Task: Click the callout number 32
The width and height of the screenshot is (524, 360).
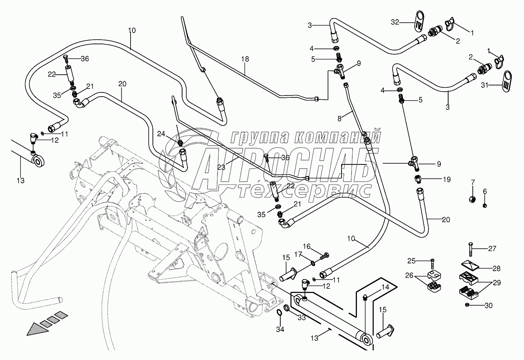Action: click(395, 22)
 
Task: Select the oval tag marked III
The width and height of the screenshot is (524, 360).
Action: click(506, 81)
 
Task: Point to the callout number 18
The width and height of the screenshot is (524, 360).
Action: click(245, 59)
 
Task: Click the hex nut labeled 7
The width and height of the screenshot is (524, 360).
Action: click(472, 199)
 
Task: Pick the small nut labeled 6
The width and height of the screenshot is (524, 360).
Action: click(485, 205)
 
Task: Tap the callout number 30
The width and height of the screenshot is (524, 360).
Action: click(489, 305)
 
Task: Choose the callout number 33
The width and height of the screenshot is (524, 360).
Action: click(301, 318)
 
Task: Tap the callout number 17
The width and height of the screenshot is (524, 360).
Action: click(298, 254)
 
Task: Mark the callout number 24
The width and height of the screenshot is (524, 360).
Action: click(161, 134)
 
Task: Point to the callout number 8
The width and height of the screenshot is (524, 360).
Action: click(340, 119)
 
